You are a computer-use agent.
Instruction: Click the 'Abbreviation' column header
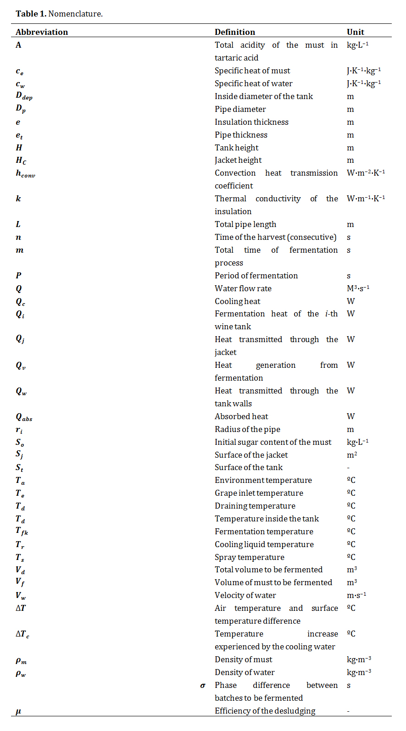[42, 32]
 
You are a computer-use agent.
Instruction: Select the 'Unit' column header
[355, 32]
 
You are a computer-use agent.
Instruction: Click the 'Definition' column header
[235, 32]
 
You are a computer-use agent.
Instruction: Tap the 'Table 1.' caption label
[31, 14]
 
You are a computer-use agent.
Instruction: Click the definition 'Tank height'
[236, 148]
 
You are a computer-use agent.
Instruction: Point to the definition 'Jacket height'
[238, 160]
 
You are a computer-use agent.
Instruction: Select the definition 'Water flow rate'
[243, 288]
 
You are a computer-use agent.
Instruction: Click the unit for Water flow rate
[358, 288]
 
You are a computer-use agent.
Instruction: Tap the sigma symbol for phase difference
[203, 686]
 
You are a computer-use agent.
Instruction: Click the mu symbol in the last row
[18, 711]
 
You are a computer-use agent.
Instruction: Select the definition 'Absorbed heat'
[241, 416]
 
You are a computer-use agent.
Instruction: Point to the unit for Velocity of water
[356, 595]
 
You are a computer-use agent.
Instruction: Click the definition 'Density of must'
[243, 659]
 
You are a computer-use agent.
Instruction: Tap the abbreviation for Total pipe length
[18, 224]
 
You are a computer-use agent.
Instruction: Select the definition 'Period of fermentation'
[256, 276]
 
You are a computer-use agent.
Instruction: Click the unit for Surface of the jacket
[352, 455]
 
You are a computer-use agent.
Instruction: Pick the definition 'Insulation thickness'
[251, 122]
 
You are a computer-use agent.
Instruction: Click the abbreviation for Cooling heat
[20, 302]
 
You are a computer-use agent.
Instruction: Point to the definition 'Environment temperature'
[263, 480]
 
